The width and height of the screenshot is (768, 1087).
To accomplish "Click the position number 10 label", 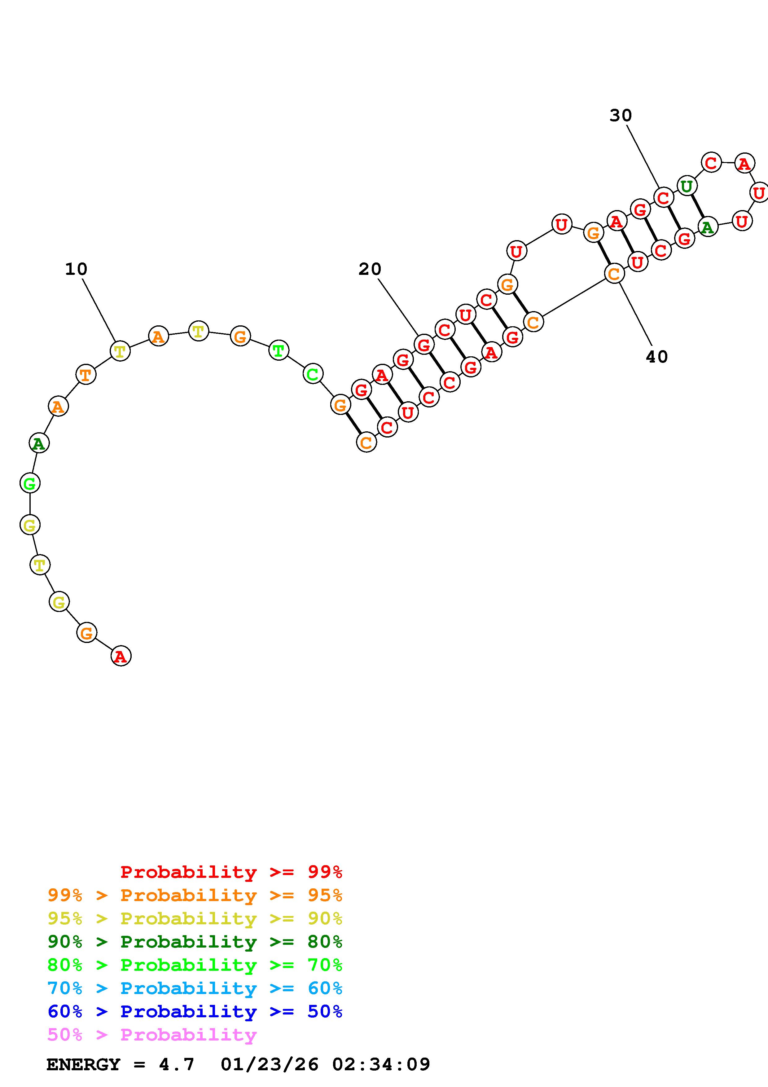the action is point(76,269).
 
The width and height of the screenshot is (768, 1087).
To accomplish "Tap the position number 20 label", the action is point(370,269).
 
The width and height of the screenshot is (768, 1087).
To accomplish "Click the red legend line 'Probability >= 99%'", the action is point(231,872).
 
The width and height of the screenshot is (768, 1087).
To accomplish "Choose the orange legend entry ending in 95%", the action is point(195,895).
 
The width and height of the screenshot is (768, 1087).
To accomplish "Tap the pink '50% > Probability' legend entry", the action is point(152,1034).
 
